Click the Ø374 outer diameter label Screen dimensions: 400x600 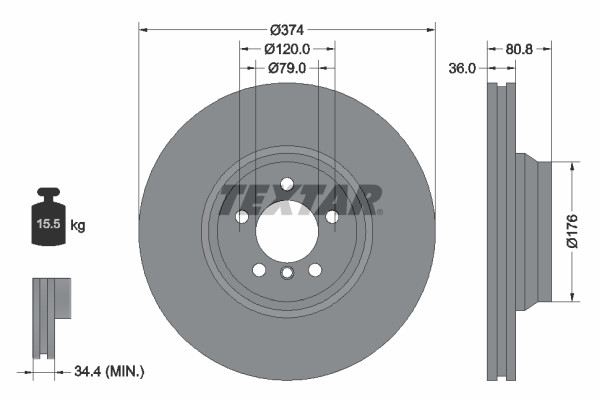click(x=287, y=29)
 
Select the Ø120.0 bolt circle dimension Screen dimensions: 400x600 click(x=287, y=48)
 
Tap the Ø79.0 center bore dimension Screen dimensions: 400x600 click(x=287, y=68)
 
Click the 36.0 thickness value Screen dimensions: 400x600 click(x=462, y=68)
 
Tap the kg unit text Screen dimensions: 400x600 click(x=79, y=226)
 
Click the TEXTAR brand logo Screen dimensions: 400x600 click(x=300, y=197)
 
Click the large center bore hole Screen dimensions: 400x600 click(x=286, y=233)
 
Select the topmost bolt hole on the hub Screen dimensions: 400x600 click(x=287, y=184)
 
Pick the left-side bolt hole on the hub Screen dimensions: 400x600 click(x=241, y=217)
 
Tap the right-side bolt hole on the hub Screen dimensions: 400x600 click(x=332, y=217)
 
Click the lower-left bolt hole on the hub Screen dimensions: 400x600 click(x=259, y=270)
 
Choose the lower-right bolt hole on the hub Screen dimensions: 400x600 click(x=315, y=270)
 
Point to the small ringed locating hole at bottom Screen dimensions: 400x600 click(x=287, y=275)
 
